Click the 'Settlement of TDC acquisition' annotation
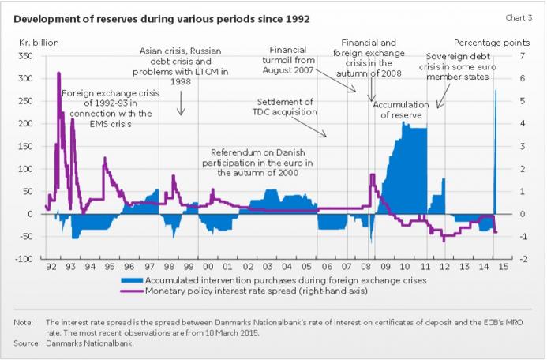[284, 107]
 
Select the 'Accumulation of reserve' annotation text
[400, 109]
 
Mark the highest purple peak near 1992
[58, 73]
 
